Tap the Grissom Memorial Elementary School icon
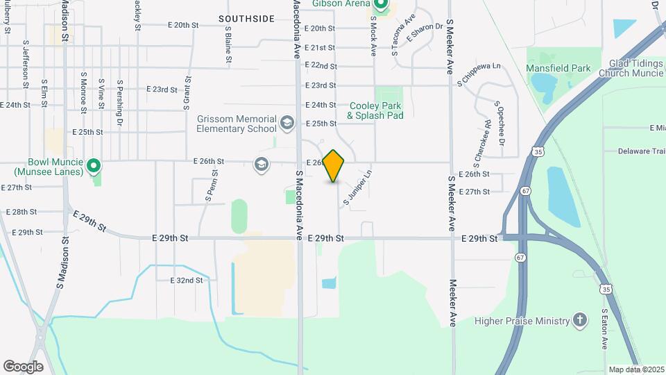tap(287, 124)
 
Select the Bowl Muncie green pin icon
tap(96, 166)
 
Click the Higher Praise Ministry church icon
tap(580, 320)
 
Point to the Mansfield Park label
tap(558, 68)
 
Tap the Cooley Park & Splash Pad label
tap(375, 110)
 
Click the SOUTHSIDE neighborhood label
tap(246, 19)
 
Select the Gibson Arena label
tap(341, 4)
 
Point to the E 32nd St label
tap(186, 280)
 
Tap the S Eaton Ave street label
tap(605, 329)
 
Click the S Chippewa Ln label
tap(479, 74)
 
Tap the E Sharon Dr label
tap(424, 32)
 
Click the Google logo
tap(23, 366)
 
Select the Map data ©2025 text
tap(636, 369)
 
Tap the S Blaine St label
tap(228, 45)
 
